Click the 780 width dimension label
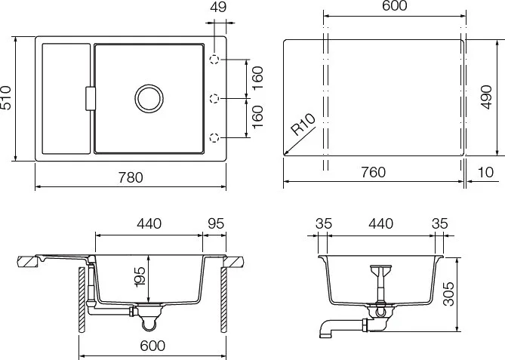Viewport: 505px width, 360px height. coord(131,177)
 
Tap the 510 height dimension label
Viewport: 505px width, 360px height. coord(6,98)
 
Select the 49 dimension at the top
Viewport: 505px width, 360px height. coord(217,7)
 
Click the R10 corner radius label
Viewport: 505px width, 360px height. coord(303,125)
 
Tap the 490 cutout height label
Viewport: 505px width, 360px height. coord(486,97)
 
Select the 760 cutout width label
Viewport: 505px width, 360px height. coord(373,172)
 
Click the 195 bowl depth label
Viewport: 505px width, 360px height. coord(140,276)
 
